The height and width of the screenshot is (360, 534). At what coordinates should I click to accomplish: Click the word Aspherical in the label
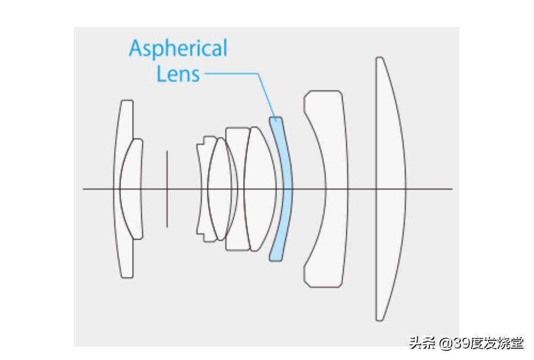click(x=178, y=49)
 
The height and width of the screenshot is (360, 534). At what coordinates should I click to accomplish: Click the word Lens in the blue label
click(x=178, y=74)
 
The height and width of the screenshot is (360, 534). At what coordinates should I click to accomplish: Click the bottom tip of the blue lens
click(x=274, y=259)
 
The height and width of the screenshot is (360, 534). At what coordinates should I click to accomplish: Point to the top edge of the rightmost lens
click(x=379, y=58)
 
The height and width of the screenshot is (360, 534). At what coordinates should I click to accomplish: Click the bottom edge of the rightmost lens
click(x=380, y=319)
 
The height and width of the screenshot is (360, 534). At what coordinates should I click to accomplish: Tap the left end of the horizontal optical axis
click(x=84, y=189)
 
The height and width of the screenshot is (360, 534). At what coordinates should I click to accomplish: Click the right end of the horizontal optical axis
click(x=451, y=189)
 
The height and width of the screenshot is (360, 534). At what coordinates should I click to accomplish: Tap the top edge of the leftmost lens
click(x=126, y=101)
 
